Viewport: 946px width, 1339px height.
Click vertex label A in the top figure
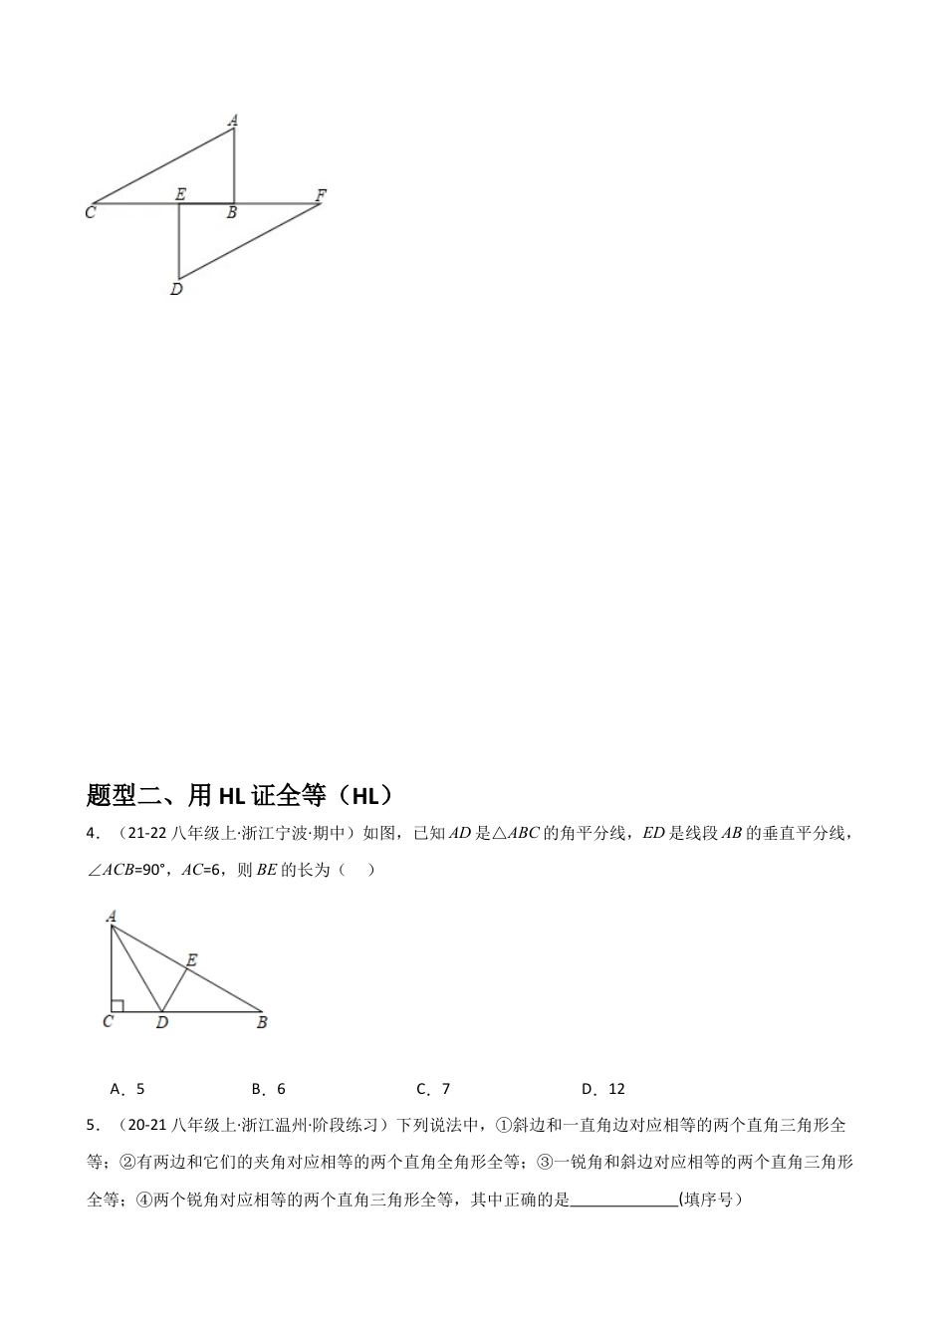233,121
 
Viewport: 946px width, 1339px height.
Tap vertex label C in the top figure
90,212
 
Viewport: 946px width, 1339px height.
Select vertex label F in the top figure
320,194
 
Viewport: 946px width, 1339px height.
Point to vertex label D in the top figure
176,289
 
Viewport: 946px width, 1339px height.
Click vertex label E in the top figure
179,194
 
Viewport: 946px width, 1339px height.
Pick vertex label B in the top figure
231,212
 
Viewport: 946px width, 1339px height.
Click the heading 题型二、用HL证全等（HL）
240,795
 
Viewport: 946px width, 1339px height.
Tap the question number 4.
93,834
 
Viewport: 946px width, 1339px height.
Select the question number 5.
93,1126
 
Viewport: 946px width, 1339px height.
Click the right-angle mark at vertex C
117,1006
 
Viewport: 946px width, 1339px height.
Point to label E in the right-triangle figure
191,960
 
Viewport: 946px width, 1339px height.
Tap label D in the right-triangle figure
161,1022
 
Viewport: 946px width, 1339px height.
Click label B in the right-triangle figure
262,1022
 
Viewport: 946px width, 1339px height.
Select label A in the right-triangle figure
110,916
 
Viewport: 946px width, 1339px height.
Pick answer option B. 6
269,1089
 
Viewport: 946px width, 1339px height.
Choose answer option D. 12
603,1089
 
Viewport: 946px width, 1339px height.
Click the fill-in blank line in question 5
624,1202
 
